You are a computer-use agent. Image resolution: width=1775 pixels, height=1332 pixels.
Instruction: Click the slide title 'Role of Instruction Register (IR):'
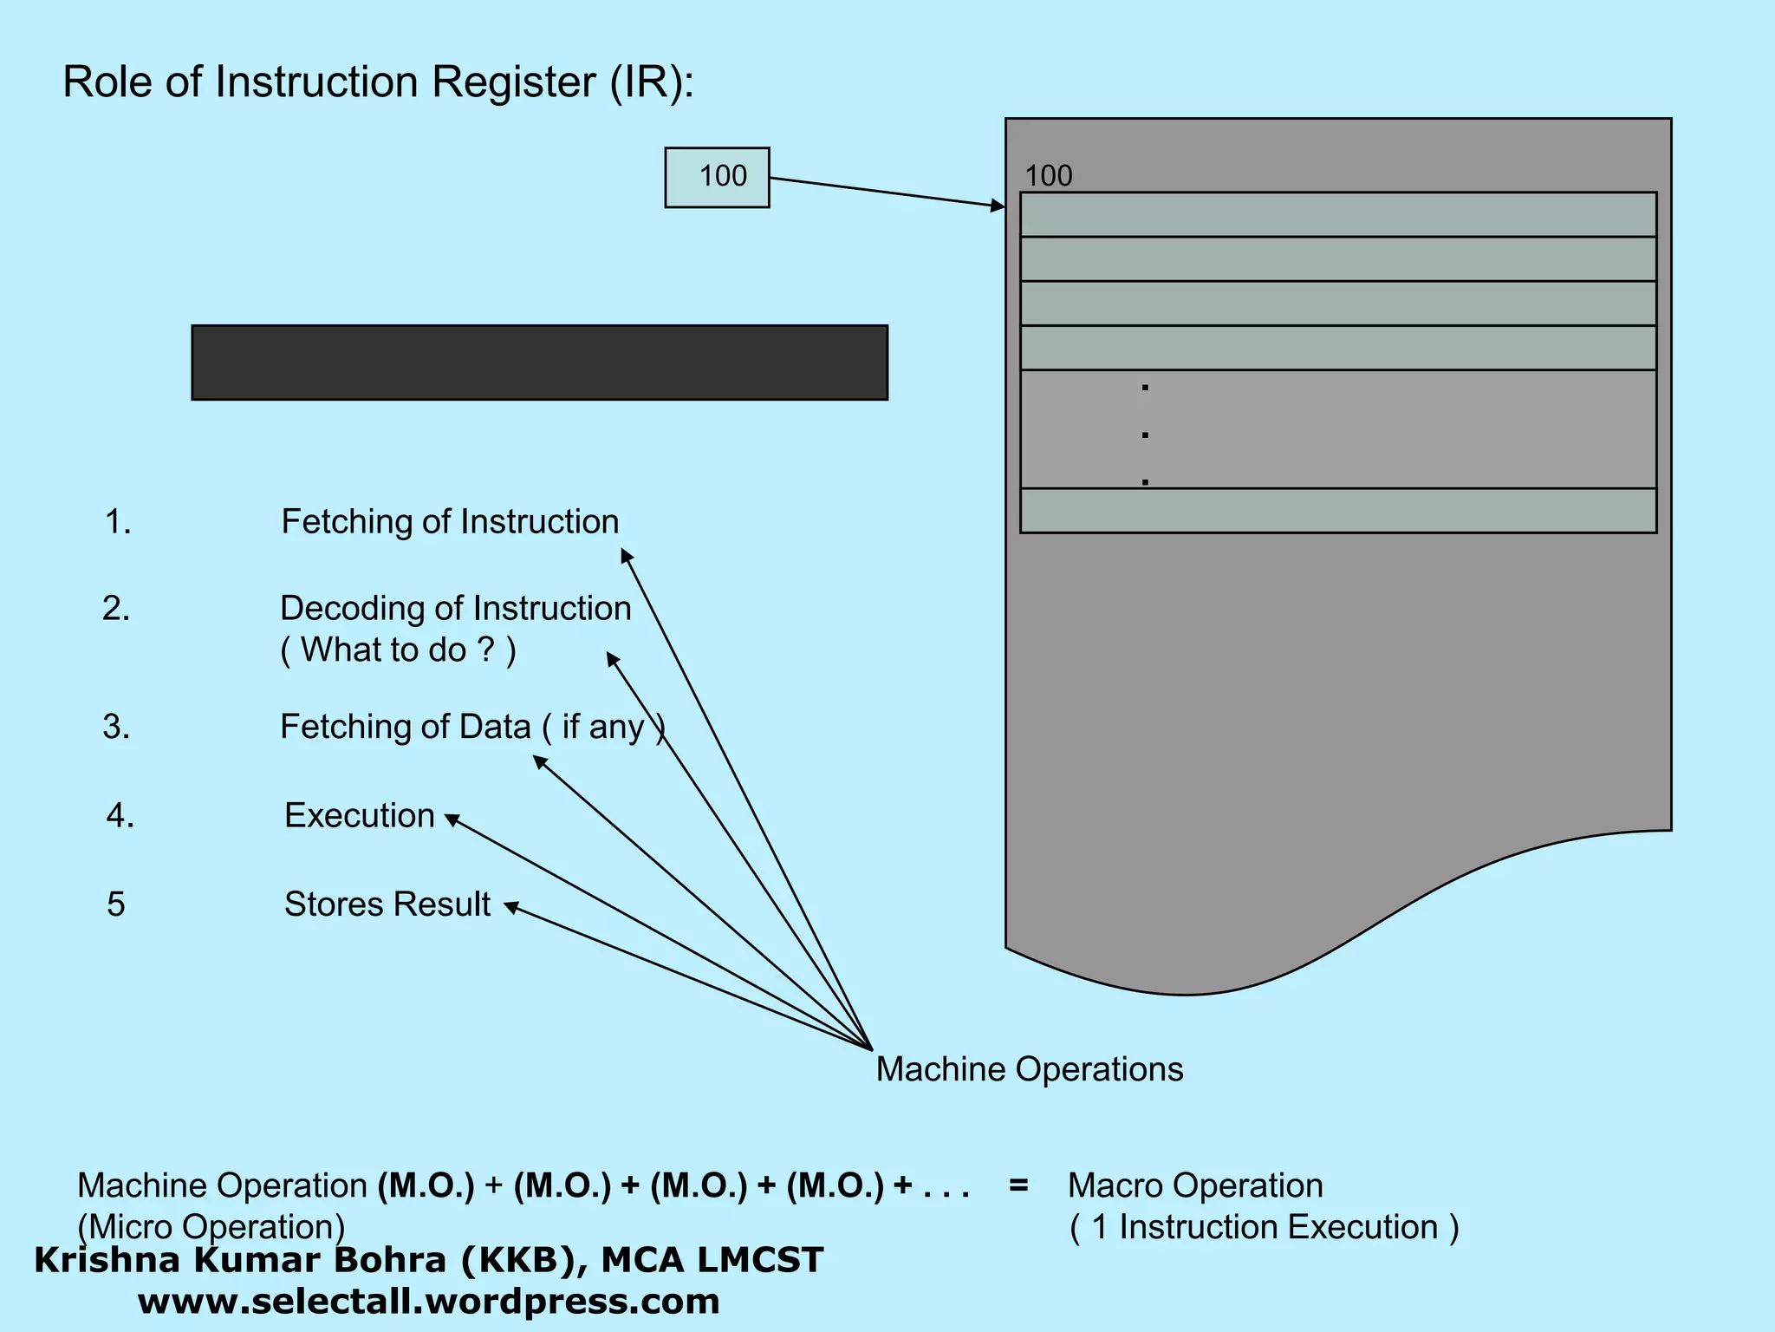378,82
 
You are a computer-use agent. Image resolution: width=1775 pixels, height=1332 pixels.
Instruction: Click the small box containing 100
717,177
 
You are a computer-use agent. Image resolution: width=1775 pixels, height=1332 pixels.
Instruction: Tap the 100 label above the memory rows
1048,176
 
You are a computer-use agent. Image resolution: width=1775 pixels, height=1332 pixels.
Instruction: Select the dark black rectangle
539,362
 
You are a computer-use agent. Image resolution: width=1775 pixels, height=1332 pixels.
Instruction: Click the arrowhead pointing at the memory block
998,206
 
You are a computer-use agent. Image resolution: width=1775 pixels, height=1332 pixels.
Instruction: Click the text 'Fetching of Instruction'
450,522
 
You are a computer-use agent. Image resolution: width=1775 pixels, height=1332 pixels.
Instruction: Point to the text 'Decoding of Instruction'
455,609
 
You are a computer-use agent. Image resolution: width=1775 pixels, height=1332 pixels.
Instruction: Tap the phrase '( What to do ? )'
398,650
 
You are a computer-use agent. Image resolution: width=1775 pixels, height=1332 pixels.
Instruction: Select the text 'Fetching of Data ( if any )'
472,727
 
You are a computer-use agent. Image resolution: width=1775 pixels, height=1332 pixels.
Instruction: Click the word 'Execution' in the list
360,816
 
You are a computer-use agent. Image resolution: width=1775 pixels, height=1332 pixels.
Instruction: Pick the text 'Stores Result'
387,904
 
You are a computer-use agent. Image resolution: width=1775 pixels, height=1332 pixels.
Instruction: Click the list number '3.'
116,727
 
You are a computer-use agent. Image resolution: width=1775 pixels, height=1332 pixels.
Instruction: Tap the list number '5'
116,904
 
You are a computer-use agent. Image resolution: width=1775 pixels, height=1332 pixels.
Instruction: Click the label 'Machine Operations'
1029,1069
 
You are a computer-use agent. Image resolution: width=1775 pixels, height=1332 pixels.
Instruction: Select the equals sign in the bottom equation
1018,1185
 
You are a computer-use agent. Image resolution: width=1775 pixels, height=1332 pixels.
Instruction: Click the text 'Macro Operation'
1194,1185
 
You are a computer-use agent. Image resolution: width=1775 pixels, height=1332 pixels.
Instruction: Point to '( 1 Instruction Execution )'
1265,1227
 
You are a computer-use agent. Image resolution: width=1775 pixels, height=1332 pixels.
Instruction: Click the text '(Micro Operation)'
211,1227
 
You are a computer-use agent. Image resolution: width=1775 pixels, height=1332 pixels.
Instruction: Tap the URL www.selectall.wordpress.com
428,1302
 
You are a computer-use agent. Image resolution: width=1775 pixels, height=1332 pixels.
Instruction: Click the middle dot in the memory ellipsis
1145,434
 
